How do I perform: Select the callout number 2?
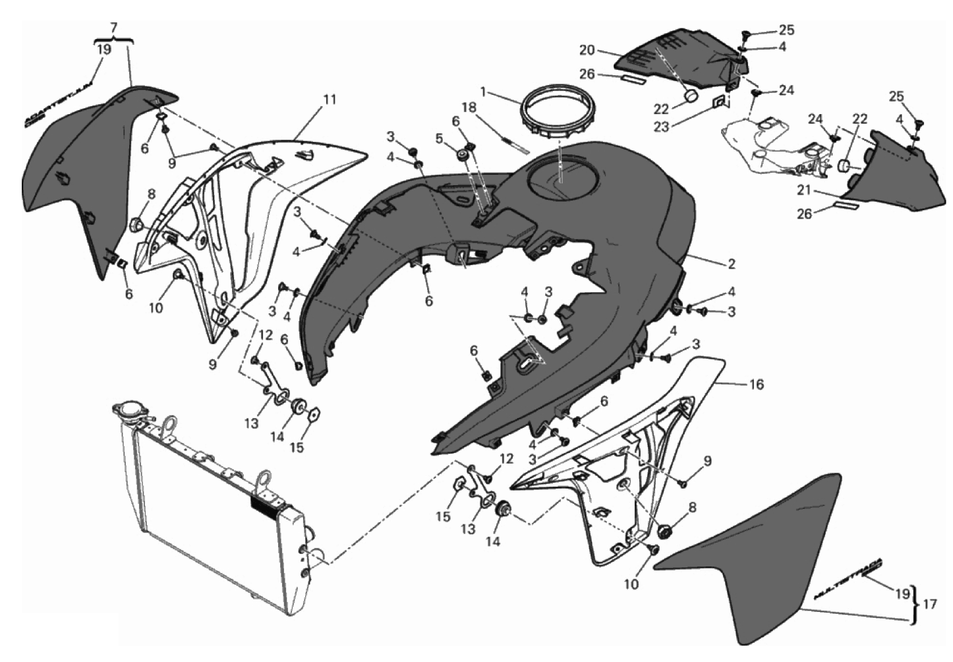pos(731,264)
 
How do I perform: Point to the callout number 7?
pos(114,28)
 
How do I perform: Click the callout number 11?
pos(330,100)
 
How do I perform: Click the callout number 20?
pos(587,49)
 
